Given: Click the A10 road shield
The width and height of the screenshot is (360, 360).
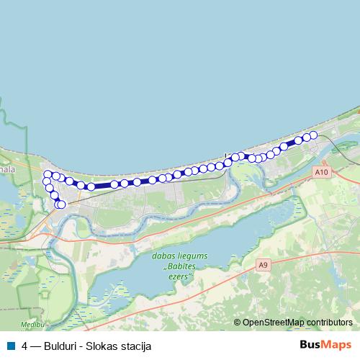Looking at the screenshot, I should [x=321, y=173].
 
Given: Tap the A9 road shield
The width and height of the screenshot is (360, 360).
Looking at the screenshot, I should [x=264, y=266].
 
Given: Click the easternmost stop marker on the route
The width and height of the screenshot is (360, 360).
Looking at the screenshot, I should [x=313, y=135].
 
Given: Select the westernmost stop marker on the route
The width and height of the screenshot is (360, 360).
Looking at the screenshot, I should [x=47, y=181].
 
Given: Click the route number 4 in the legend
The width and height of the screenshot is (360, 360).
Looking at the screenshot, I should [x=25, y=346].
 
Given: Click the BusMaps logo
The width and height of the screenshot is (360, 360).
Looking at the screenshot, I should [x=325, y=345].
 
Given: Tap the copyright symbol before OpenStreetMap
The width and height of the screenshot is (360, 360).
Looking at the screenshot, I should [x=238, y=323].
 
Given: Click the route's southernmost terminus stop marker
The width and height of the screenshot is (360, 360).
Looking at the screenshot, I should [x=61, y=204].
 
